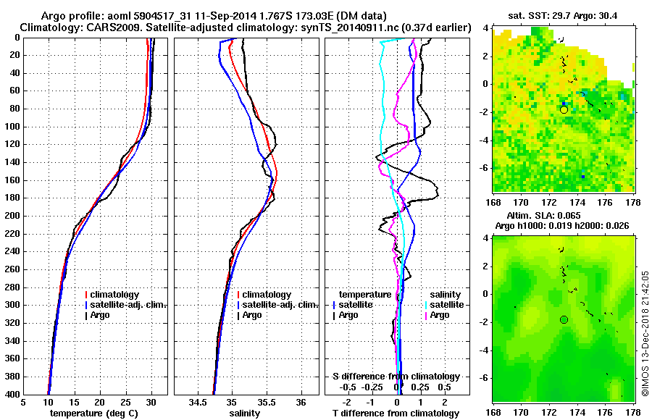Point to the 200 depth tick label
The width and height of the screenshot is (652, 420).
[12, 216]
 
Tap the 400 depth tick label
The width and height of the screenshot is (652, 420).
[12, 395]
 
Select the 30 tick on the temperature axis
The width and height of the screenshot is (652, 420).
[151, 403]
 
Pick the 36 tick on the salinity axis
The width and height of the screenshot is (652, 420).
[301, 403]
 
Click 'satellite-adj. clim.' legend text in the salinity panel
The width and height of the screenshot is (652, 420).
[277, 305]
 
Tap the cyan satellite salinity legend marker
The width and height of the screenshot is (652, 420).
[425, 305]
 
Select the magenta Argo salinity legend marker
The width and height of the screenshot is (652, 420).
[425, 315]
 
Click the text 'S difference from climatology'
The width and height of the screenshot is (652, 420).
[396, 377]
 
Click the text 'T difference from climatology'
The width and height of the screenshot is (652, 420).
[396, 413]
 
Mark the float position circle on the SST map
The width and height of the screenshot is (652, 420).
[564, 109]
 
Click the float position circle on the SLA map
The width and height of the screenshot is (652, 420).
[564, 319]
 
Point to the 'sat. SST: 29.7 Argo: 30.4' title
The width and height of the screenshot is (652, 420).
[564, 14]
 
